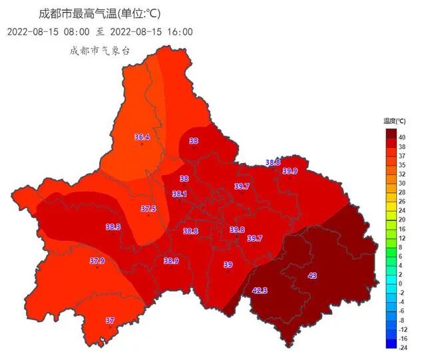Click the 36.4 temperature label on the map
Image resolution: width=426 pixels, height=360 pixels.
point(142,138)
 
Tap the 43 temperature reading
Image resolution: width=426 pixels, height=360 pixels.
point(312,275)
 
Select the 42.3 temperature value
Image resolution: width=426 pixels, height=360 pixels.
point(260,290)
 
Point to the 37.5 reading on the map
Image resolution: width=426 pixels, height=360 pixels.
point(148,209)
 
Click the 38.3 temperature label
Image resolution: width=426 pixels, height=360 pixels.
point(113,227)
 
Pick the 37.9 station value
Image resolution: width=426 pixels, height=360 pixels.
point(97,261)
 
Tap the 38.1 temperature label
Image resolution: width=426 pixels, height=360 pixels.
point(179,194)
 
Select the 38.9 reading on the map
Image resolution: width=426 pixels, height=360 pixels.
point(171,261)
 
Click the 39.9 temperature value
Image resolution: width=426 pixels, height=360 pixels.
point(290,171)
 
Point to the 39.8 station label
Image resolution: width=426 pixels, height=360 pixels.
point(237,230)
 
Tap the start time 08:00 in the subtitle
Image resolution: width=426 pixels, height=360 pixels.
point(77,31)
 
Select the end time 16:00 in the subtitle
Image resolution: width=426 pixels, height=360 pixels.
point(179,31)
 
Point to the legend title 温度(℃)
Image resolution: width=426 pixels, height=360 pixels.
point(395,121)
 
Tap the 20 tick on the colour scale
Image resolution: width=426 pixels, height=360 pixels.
point(402,219)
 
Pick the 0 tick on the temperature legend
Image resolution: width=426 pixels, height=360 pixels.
point(400,283)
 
